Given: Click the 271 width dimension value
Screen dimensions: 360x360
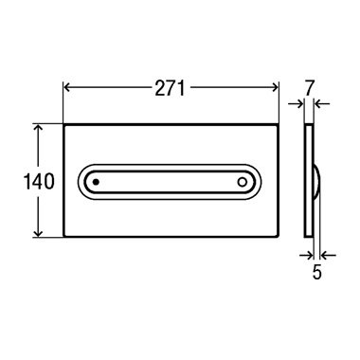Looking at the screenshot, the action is coord(170,88).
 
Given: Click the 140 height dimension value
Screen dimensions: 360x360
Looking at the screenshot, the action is coord(39,181).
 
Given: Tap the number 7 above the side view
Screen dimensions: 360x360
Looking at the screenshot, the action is coord(309,89).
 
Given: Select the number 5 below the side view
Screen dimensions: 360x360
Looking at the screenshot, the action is coord(316,272).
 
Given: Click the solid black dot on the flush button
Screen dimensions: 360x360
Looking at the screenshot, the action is coord(97,182).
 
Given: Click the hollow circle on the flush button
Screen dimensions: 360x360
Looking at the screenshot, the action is coord(243,182).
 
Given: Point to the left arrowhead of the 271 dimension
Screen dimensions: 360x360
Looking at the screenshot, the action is coord(66,87).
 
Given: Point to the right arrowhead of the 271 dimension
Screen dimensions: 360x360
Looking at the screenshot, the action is coord(276,87).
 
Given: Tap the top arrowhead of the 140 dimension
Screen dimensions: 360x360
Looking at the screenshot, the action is coord(38,128).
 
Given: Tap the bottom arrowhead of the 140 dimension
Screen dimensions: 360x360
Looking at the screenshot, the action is coord(38,233).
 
